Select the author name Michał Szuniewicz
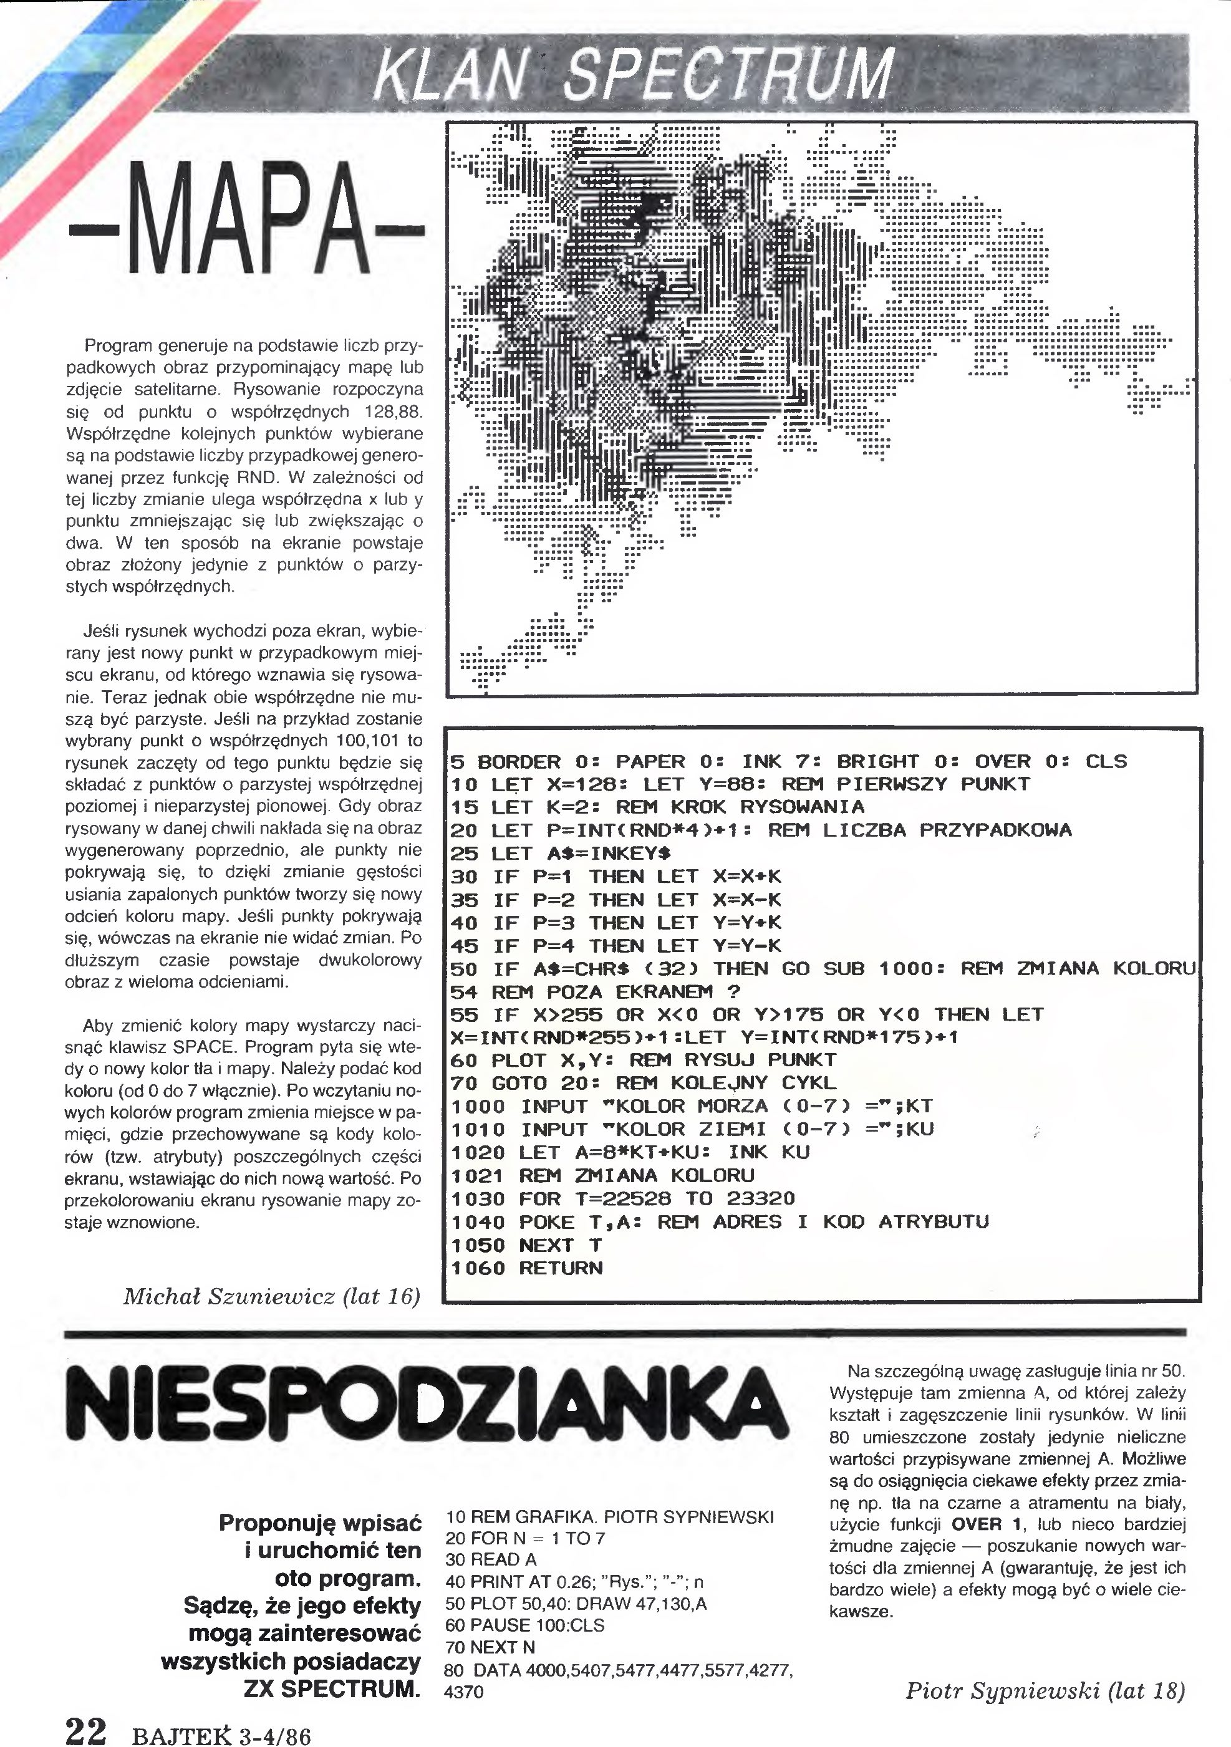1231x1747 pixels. [228, 1297]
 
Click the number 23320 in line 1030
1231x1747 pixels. [760, 1199]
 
